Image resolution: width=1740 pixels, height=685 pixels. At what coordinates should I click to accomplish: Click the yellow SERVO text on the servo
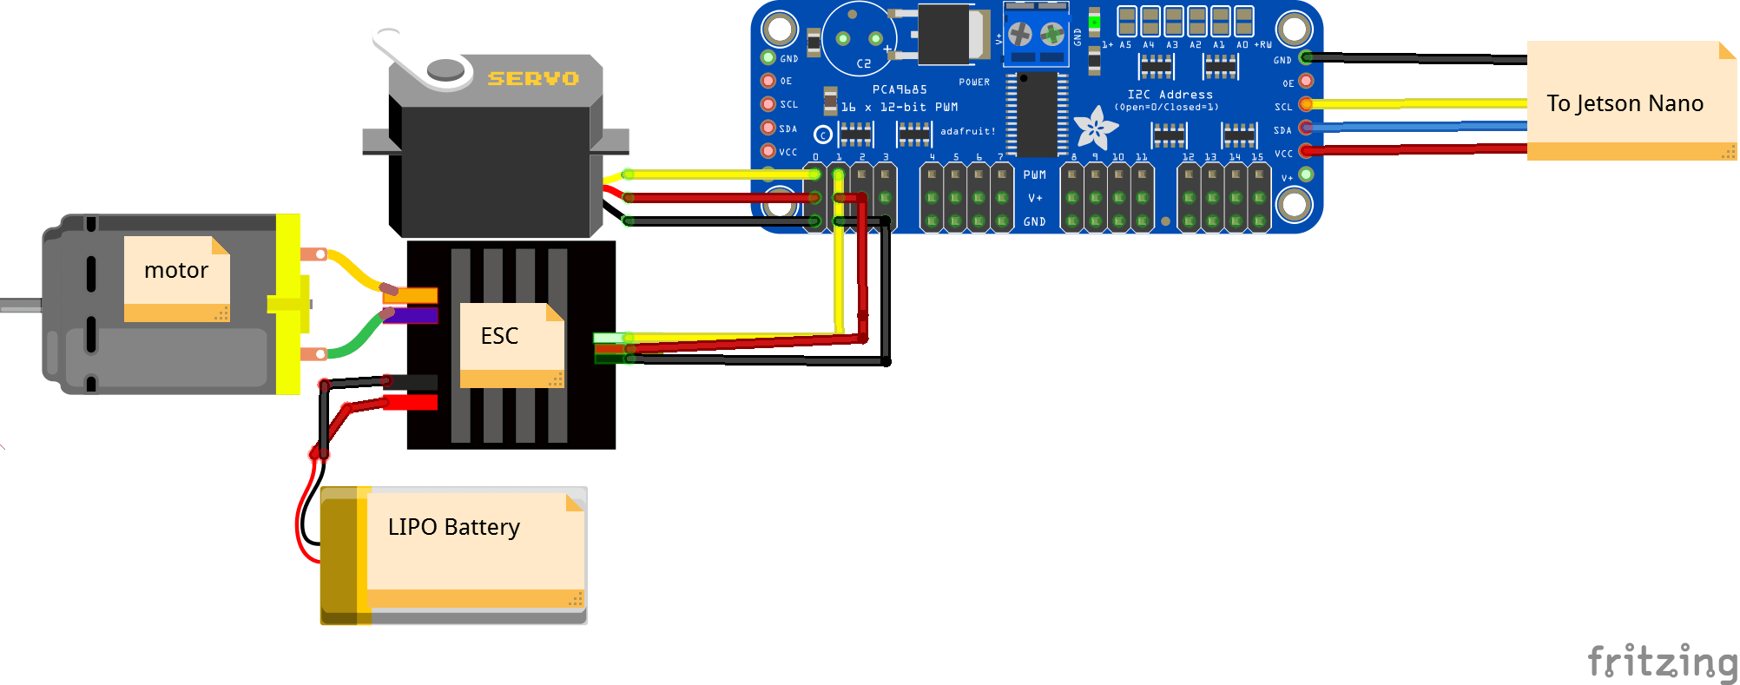(532, 78)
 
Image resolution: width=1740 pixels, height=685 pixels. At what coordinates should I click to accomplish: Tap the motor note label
(176, 271)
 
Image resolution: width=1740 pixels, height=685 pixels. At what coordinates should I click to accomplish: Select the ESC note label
(499, 336)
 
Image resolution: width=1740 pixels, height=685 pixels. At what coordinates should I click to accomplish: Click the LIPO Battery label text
(453, 527)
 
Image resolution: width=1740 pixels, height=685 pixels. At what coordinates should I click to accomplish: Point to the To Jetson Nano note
(1624, 103)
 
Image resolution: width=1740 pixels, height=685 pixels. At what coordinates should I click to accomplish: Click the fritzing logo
(1661, 662)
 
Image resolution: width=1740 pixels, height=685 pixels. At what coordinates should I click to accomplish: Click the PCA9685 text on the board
(899, 89)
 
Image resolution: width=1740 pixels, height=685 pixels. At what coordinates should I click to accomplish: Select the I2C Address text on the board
(1170, 95)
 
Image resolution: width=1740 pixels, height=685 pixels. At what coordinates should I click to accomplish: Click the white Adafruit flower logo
(1095, 128)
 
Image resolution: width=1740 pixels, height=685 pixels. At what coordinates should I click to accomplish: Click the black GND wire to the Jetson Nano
(1415, 59)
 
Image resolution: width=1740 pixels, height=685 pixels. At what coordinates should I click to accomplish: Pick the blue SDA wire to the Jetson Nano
(1415, 127)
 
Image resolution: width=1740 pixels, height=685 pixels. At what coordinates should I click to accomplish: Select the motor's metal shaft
(19, 305)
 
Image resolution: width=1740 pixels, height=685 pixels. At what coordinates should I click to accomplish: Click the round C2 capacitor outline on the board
(859, 39)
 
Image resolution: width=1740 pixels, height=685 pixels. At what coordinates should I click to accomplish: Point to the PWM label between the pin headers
(1034, 175)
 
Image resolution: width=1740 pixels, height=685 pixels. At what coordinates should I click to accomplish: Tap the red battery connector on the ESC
(410, 402)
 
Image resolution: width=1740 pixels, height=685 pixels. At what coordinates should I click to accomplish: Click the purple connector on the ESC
(411, 314)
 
